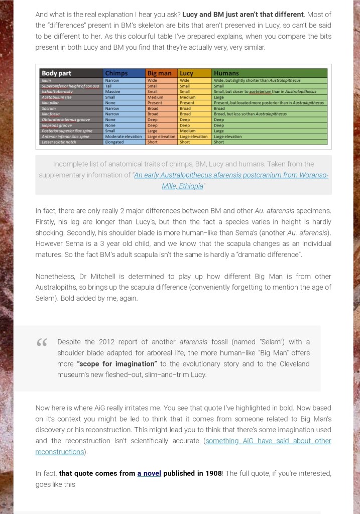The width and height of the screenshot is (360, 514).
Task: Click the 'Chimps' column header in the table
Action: tap(116, 73)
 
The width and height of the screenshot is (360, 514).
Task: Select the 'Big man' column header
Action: tap(159, 73)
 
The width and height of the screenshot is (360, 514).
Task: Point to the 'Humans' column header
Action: tap(226, 73)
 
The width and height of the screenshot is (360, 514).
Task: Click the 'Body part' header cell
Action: tap(57, 73)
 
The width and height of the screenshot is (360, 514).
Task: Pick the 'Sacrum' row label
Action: tap(49, 108)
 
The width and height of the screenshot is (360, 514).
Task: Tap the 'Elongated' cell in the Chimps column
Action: tap(114, 142)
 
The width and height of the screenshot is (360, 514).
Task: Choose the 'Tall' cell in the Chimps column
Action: tap(108, 86)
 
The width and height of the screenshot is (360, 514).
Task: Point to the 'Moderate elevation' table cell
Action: tap(123, 137)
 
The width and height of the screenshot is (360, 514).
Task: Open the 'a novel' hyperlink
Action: tap(149, 473)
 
